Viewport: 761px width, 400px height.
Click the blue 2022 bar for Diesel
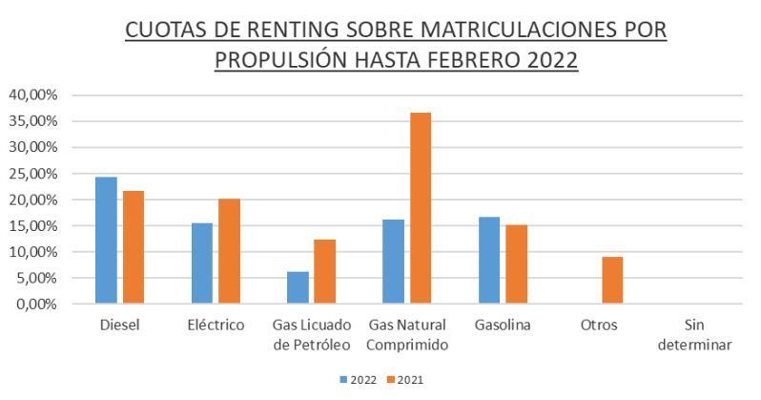coord(106,241)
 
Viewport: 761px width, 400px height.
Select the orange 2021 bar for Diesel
coord(133,247)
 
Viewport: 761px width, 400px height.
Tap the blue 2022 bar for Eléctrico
coord(202,263)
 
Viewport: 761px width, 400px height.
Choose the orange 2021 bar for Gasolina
coord(516,264)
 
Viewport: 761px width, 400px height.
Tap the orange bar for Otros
coord(611,281)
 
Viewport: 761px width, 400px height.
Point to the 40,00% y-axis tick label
coord(33,95)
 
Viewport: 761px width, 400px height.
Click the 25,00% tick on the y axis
coord(33,174)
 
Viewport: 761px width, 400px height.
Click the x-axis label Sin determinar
coord(694,334)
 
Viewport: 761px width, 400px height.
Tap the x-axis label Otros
coord(599,326)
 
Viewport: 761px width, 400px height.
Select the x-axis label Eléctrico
coord(216,326)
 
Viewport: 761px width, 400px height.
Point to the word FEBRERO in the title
coord(476,60)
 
